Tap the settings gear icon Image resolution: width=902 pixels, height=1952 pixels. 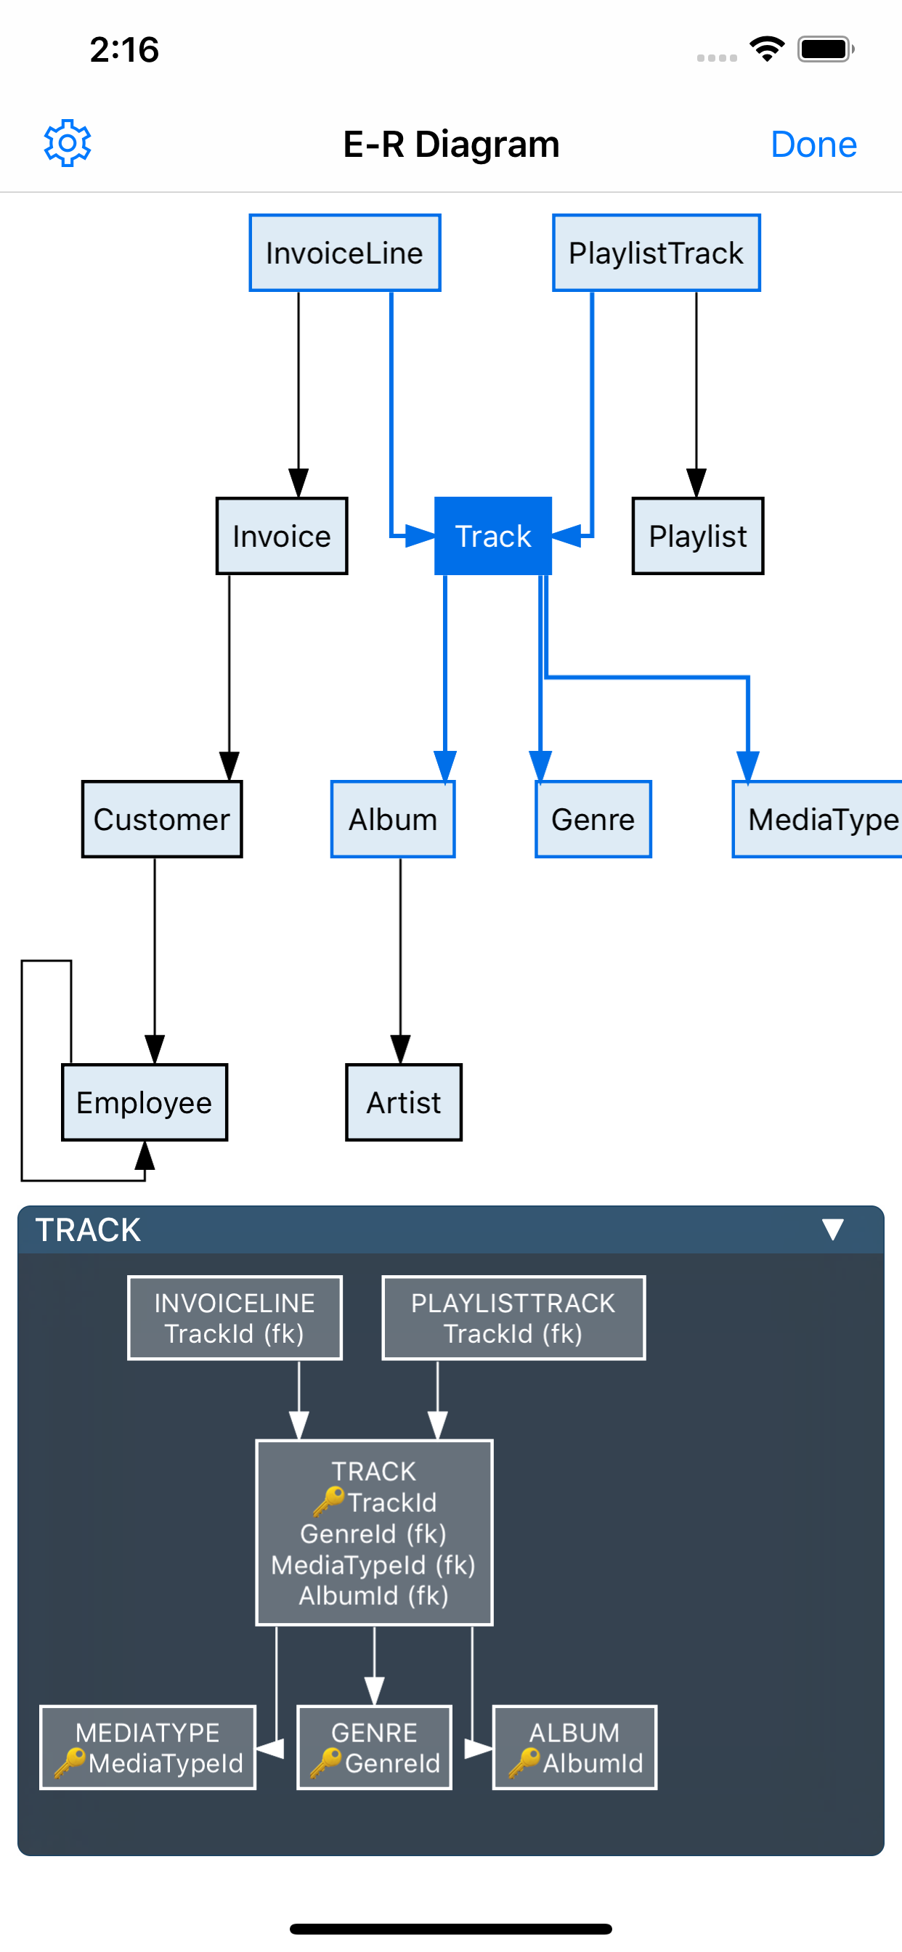[x=68, y=143]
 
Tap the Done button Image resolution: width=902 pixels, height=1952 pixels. [x=813, y=144]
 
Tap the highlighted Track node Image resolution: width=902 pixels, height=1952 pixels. [x=492, y=536]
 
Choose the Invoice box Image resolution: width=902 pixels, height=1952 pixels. [x=281, y=536]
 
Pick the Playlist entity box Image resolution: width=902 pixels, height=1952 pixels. [x=697, y=536]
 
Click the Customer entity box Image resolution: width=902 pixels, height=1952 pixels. [x=161, y=819]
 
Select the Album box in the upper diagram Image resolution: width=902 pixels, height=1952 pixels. [x=393, y=819]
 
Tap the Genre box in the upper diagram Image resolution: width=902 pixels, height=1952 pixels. [x=593, y=819]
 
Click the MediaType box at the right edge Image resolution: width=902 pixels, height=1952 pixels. [x=818, y=819]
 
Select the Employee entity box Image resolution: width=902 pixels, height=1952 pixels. [x=144, y=1102]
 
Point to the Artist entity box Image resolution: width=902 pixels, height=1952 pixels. [x=403, y=1102]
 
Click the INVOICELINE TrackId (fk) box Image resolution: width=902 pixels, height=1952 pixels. [x=235, y=1318]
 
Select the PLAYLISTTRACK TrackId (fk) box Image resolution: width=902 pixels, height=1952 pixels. [x=513, y=1318]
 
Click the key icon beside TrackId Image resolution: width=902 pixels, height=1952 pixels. [x=328, y=1501]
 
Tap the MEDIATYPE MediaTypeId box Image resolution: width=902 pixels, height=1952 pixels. [x=148, y=1747]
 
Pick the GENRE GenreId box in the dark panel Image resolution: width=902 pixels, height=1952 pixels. [x=375, y=1747]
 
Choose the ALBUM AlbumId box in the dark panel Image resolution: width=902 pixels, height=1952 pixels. [x=574, y=1747]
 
